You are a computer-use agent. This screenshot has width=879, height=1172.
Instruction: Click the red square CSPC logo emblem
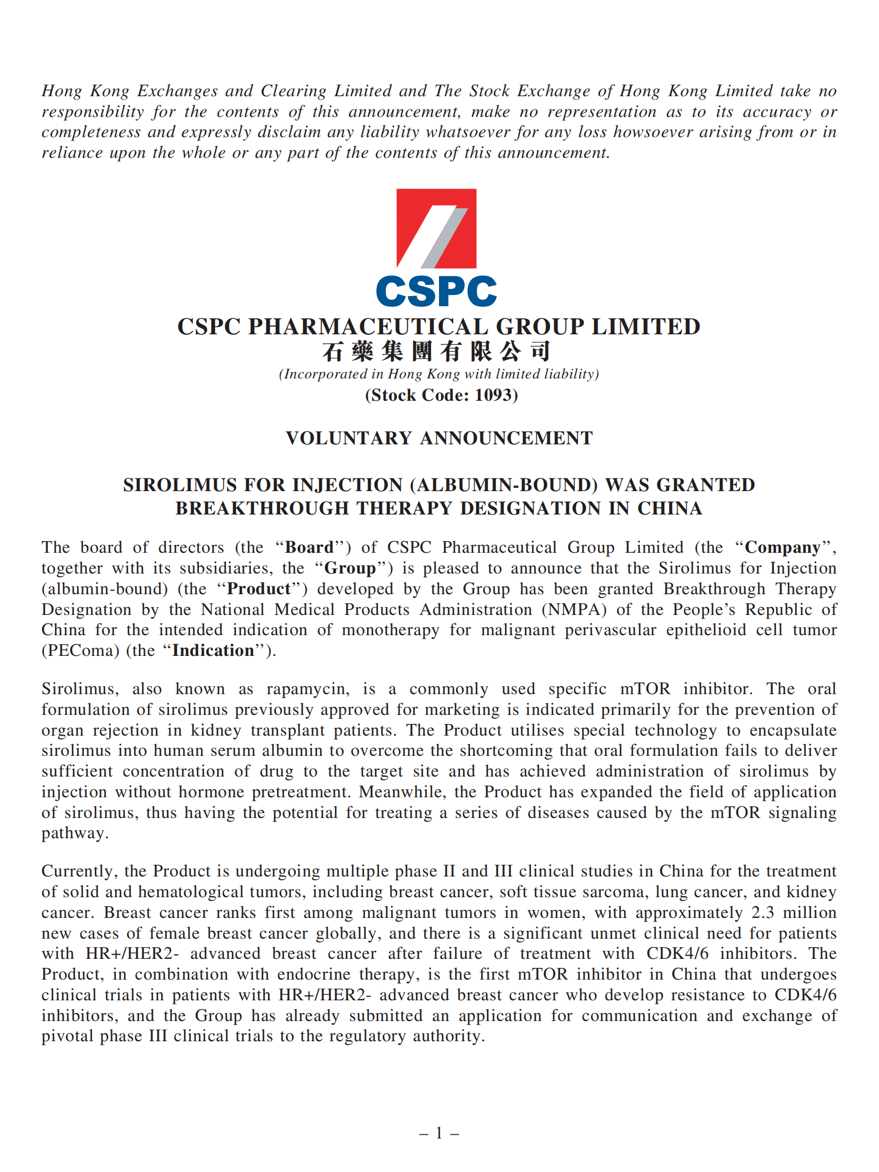[x=436, y=228]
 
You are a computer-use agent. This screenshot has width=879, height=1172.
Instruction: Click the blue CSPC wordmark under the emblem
[x=436, y=291]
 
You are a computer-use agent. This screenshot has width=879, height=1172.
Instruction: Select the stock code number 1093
[x=494, y=395]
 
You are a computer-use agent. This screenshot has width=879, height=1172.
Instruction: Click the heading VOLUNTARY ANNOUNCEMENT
[x=439, y=438]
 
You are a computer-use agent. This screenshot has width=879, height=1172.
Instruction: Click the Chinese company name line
[x=436, y=351]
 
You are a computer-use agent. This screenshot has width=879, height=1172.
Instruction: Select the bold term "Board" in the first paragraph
[x=309, y=547]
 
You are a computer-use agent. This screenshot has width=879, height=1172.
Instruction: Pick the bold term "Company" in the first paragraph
[x=782, y=547]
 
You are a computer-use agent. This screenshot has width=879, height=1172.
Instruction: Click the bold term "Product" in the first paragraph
[x=259, y=588]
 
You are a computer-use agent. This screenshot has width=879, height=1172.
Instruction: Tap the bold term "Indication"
[x=213, y=650]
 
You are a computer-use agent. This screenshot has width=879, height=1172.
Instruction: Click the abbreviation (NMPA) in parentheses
[x=574, y=609]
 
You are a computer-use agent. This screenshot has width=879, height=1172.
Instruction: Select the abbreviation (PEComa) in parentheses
[x=80, y=650]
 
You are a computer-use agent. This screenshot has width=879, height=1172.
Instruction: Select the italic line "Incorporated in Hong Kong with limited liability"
[x=439, y=374]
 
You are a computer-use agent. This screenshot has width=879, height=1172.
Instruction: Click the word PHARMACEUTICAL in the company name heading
[x=368, y=326]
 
